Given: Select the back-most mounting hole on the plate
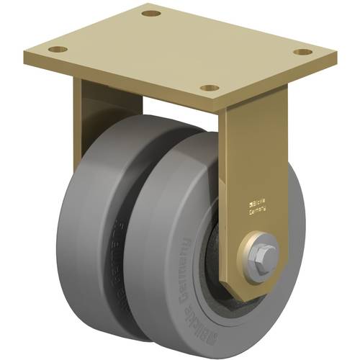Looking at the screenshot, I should pos(150,13).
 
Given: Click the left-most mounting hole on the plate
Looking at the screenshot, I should pos(57,50).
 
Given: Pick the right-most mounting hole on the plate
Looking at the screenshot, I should pos(305,52).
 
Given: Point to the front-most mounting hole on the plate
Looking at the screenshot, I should pos(210,88).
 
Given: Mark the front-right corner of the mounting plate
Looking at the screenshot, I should pos(336,59).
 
